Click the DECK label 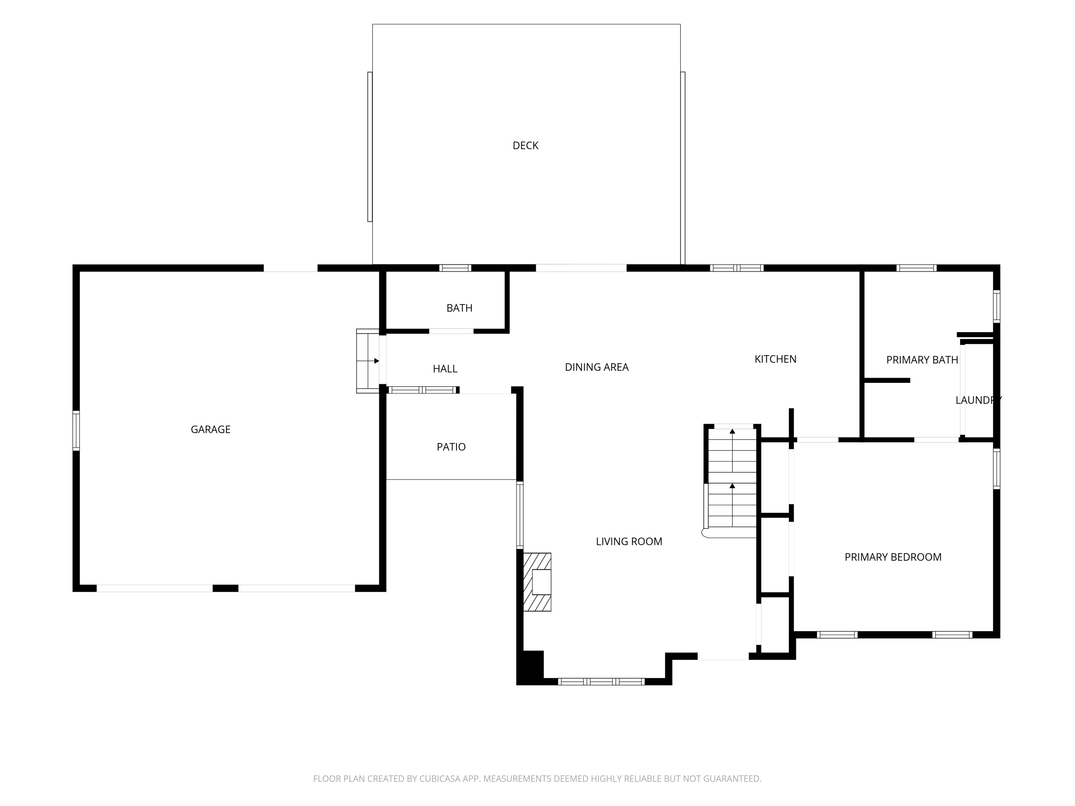point(525,145)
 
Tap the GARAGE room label point(210,430)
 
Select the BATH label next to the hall point(459,308)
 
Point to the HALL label point(445,369)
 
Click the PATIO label point(451,447)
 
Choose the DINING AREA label point(597,367)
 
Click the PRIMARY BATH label point(922,360)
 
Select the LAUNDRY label point(979,400)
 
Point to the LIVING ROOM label point(629,542)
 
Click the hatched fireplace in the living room point(537,582)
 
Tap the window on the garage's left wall point(76,431)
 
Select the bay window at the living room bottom point(601,682)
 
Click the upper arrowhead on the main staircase point(732,431)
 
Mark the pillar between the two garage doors point(225,588)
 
